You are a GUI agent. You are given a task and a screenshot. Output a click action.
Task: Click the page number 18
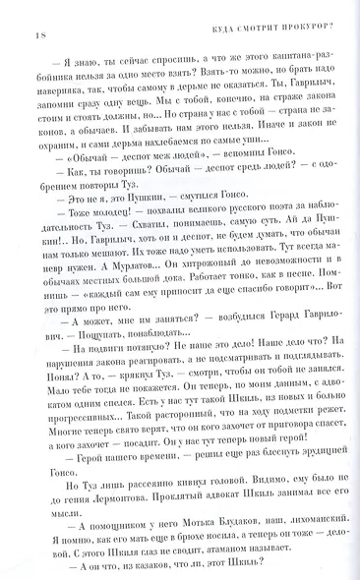[x=31, y=14]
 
